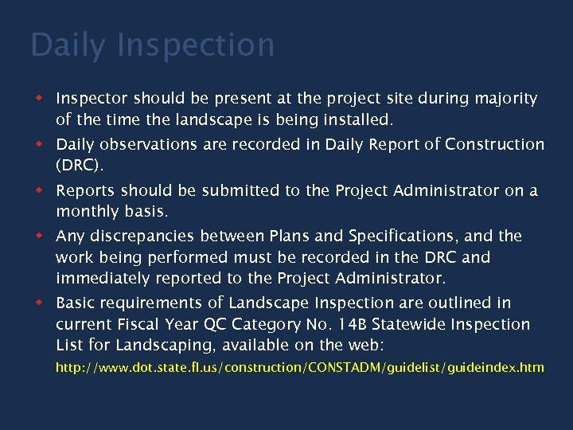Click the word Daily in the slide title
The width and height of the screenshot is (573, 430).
[67, 45]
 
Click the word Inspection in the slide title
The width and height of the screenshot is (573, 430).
[195, 45]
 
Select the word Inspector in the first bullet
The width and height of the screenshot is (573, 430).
[91, 99]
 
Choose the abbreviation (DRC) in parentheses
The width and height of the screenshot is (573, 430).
[80, 166]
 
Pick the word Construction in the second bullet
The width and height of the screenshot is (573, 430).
[495, 145]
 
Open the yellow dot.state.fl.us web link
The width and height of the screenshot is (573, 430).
[299, 368]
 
